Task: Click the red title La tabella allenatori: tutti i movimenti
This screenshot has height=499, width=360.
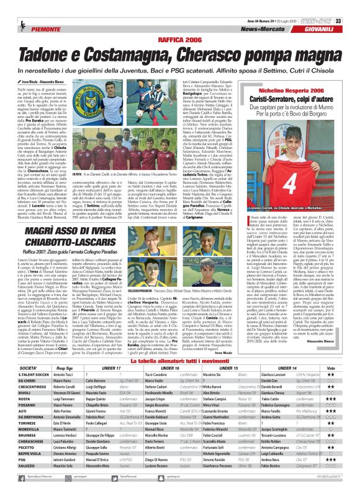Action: pyautogui.click(x=180, y=360)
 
